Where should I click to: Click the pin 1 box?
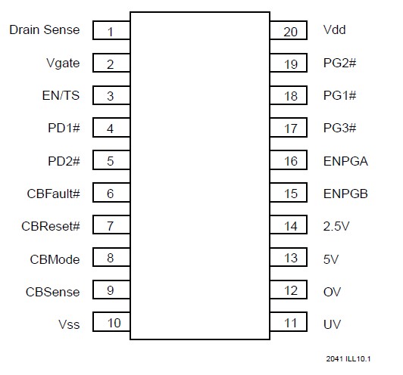coord(111,31)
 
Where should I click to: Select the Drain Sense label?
coord(44,30)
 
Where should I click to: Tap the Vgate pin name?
coord(63,64)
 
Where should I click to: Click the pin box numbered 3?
coord(111,96)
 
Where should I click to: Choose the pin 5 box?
coord(111,161)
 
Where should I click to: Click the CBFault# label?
coord(53,194)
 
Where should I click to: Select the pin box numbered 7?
coord(111,226)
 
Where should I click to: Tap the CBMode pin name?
coord(55,259)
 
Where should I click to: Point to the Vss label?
coord(69,324)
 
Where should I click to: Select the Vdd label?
coord(334,31)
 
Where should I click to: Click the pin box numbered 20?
coord(289,31)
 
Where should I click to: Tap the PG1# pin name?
coord(339,96)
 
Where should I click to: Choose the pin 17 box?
coord(289,129)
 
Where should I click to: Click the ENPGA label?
coord(344,161)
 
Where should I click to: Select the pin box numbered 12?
coord(289,291)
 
